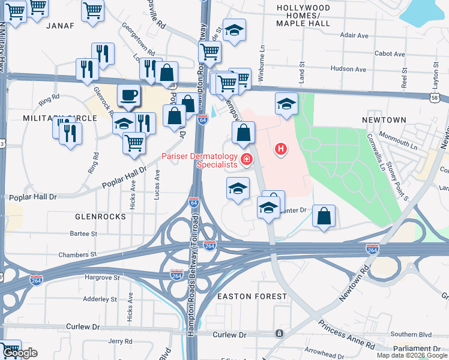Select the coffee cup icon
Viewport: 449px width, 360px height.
pyautogui.click(x=128, y=95)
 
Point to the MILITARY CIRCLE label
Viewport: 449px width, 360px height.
pyautogui.click(x=60, y=118)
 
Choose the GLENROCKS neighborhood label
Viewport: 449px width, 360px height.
pyautogui.click(x=100, y=216)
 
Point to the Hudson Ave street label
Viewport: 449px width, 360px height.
pyautogui.click(x=348, y=69)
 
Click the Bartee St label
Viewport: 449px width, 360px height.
pyautogui.click(x=83, y=233)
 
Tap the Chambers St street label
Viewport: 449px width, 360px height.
pyautogui.click(x=77, y=255)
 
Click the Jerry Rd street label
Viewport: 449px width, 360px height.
pyautogui.click(x=120, y=341)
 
